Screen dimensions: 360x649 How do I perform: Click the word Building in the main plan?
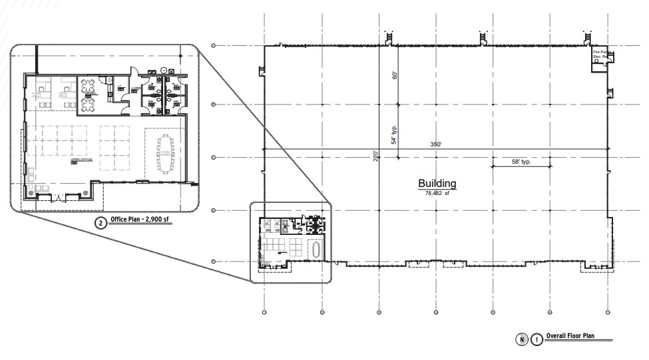pyautogui.click(x=437, y=184)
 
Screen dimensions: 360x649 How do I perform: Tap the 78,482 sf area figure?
pyautogui.click(x=436, y=192)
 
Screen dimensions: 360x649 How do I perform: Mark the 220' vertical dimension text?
pyautogui.click(x=376, y=156)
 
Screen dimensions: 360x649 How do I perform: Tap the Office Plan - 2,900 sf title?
pyautogui.click(x=142, y=223)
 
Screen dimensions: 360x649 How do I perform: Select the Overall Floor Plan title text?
pyautogui.click(x=570, y=337)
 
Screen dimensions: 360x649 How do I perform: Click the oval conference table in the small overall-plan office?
pyautogui.click(x=315, y=248)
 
